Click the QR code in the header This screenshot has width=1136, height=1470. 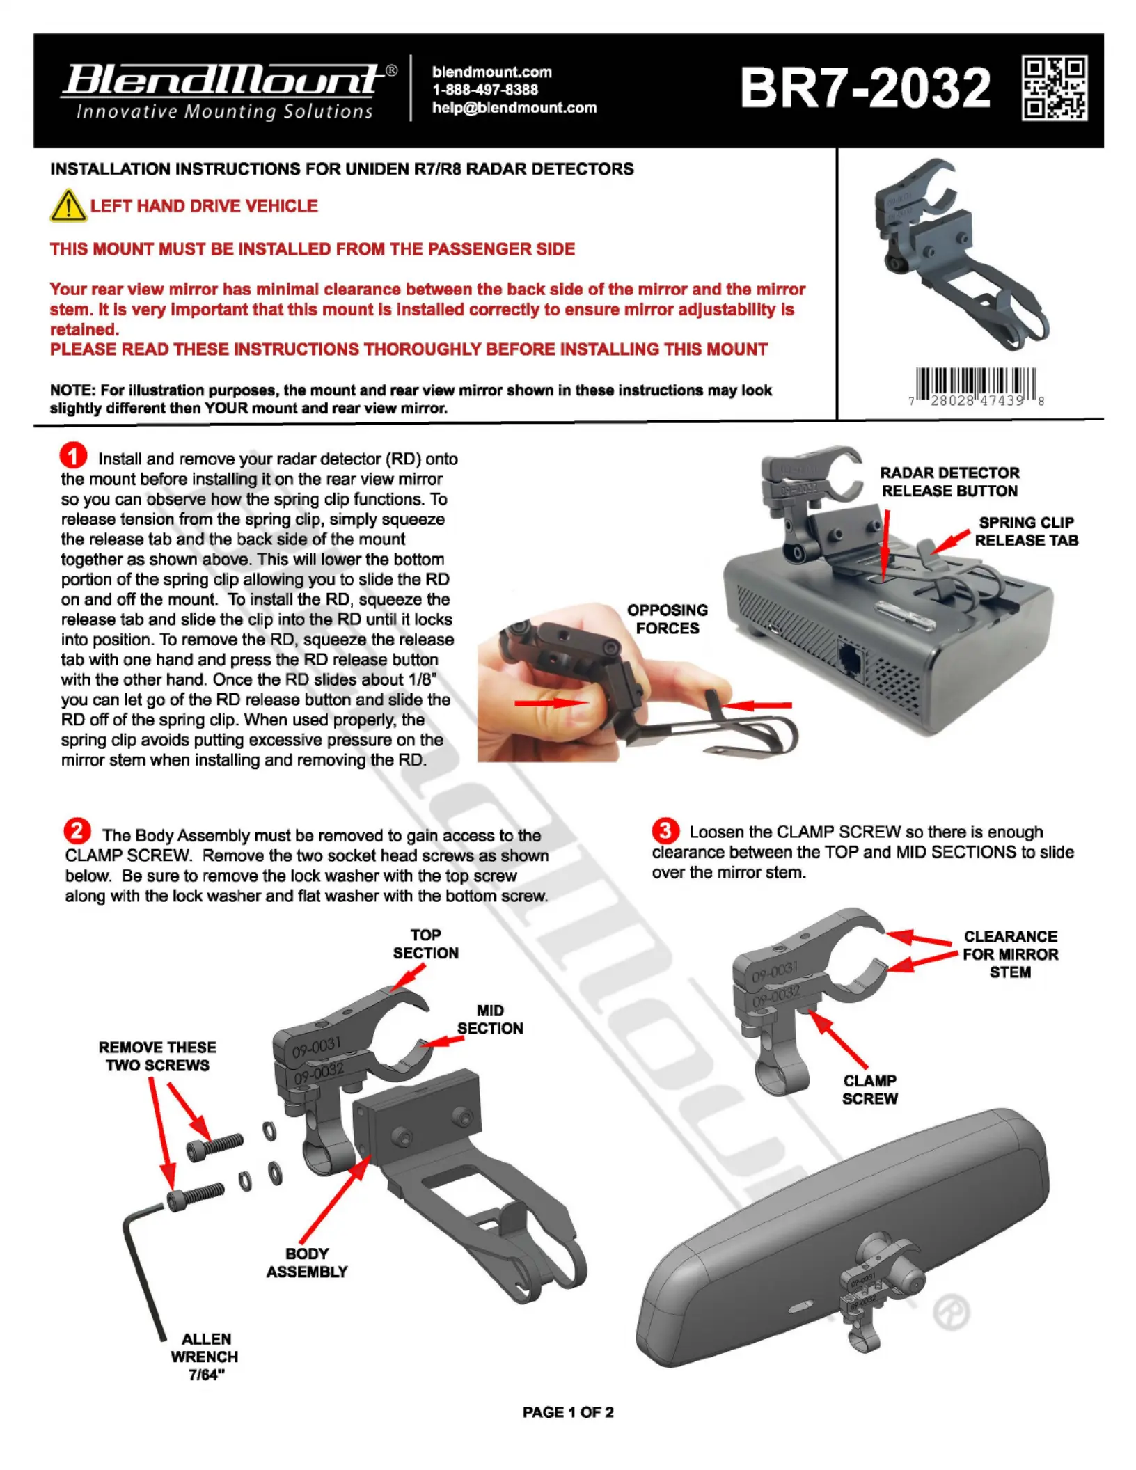pyautogui.click(x=1055, y=88)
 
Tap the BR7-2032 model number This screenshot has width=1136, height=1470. pyautogui.click(x=865, y=88)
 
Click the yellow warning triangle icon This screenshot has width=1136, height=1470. pyautogui.click(x=68, y=205)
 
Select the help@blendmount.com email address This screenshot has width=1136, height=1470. pyautogui.click(x=514, y=108)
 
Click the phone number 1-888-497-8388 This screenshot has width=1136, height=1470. pyautogui.click(x=485, y=90)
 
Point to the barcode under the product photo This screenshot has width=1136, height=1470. pyautogui.click(x=976, y=387)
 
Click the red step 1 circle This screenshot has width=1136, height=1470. pyautogui.click(x=73, y=456)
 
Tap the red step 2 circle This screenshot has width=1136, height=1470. pyautogui.click(x=77, y=830)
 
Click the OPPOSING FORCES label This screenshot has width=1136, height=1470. pyautogui.click(x=668, y=619)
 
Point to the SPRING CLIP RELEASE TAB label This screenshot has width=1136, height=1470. pyautogui.click(x=1026, y=531)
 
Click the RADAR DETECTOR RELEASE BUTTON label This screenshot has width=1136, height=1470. pyautogui.click(x=949, y=482)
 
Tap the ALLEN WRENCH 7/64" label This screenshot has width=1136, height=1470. pyautogui.click(x=205, y=1357)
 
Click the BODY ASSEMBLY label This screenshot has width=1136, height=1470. pyautogui.click(x=307, y=1263)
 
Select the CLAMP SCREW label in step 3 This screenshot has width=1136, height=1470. pyautogui.click(x=870, y=1089)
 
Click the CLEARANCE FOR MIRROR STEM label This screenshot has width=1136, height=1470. pyautogui.click(x=1010, y=954)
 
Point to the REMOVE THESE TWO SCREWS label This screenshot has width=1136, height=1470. pyautogui.click(x=157, y=1056)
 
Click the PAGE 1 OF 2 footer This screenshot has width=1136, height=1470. pyautogui.click(x=568, y=1412)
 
